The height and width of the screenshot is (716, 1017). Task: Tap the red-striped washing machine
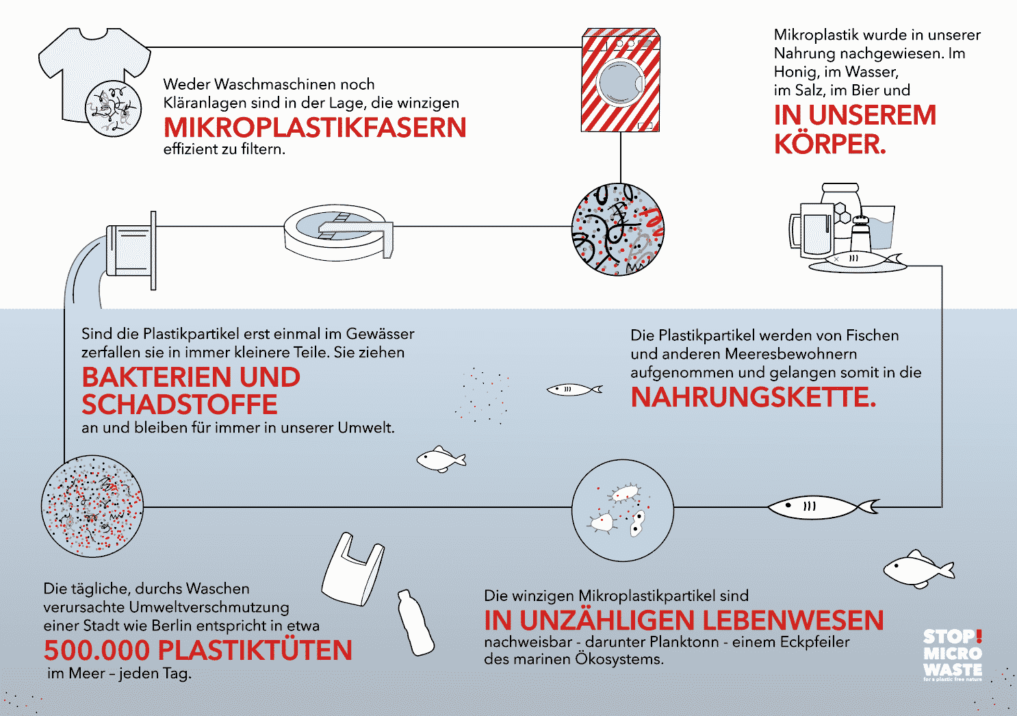621,80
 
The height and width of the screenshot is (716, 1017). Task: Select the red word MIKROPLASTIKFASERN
315,127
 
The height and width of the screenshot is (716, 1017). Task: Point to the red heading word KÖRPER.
830,144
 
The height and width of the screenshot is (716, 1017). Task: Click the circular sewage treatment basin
338,233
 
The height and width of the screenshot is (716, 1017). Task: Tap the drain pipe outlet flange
153,250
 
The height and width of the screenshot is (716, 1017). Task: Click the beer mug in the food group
811,230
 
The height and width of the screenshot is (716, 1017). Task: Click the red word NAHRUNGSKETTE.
754,397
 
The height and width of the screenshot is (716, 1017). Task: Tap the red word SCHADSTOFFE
179,404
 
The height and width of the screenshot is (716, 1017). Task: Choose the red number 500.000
96,650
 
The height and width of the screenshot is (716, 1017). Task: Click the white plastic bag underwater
353,570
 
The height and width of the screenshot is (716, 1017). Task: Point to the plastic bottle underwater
415,622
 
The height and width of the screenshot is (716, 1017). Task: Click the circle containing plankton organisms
623,511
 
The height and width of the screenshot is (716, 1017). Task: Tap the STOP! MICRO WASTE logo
953,654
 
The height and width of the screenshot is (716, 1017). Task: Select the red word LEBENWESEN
793,620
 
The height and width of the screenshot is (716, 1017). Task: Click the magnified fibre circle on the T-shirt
113,109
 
